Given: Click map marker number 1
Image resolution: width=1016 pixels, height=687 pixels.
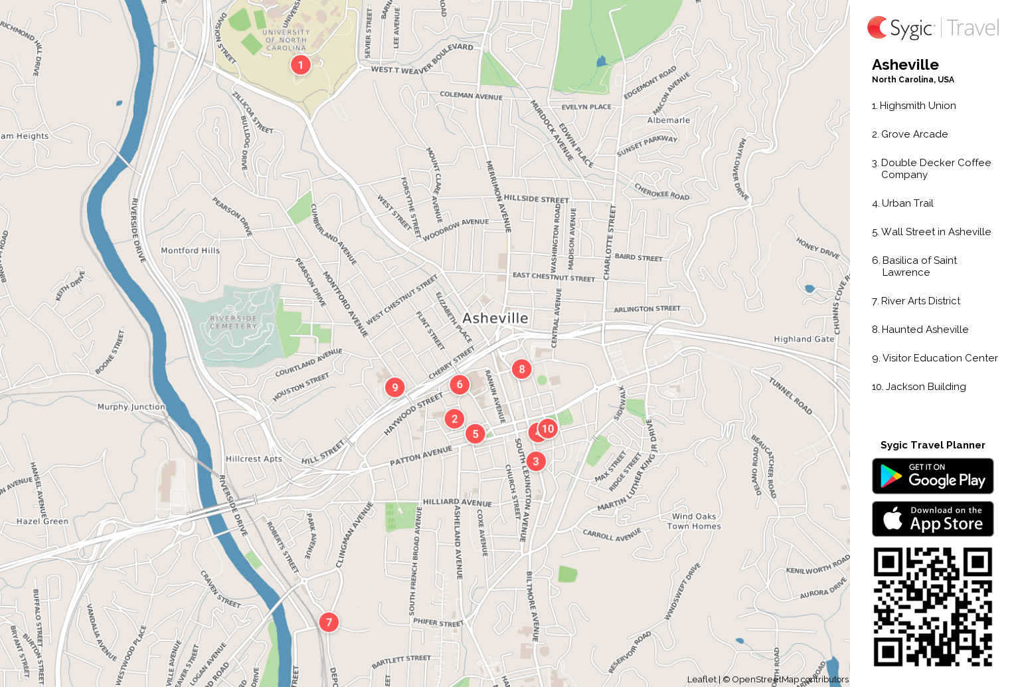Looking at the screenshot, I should click(x=300, y=65).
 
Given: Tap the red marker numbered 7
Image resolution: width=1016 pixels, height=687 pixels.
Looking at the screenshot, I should click(x=329, y=623).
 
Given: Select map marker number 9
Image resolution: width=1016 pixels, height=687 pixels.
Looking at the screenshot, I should click(x=395, y=387).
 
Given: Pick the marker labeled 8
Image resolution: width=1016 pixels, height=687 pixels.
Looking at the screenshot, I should click(x=521, y=369).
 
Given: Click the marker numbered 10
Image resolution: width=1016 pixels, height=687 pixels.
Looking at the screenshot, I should click(x=548, y=429).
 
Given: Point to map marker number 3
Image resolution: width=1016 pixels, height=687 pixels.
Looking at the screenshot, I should click(x=536, y=461).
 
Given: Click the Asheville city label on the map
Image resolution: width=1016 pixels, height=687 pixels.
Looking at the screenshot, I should click(x=495, y=318).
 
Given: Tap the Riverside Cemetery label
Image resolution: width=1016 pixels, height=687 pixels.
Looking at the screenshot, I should click(x=233, y=322).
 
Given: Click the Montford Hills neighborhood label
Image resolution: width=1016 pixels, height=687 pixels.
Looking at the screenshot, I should click(x=190, y=250).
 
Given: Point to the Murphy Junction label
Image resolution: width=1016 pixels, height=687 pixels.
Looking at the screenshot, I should click(x=131, y=407).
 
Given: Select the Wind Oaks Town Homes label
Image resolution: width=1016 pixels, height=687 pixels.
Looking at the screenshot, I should click(x=694, y=522).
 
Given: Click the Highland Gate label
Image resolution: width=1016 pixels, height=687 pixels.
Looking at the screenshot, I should click(x=804, y=339).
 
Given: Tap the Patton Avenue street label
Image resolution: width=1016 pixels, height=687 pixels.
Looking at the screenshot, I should click(x=420, y=456).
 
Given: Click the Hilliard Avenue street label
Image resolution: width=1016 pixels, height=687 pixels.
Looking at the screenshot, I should click(x=457, y=502).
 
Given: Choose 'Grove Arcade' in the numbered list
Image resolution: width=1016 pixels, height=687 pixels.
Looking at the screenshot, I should click(x=914, y=134).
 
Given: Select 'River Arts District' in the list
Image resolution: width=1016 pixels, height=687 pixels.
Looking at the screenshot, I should click(x=920, y=301).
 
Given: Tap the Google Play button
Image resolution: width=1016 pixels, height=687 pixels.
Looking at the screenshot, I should click(x=932, y=476).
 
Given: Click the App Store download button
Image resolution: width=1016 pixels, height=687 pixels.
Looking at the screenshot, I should click(x=932, y=519).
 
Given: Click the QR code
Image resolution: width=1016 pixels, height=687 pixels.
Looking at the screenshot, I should click(x=932, y=607).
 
